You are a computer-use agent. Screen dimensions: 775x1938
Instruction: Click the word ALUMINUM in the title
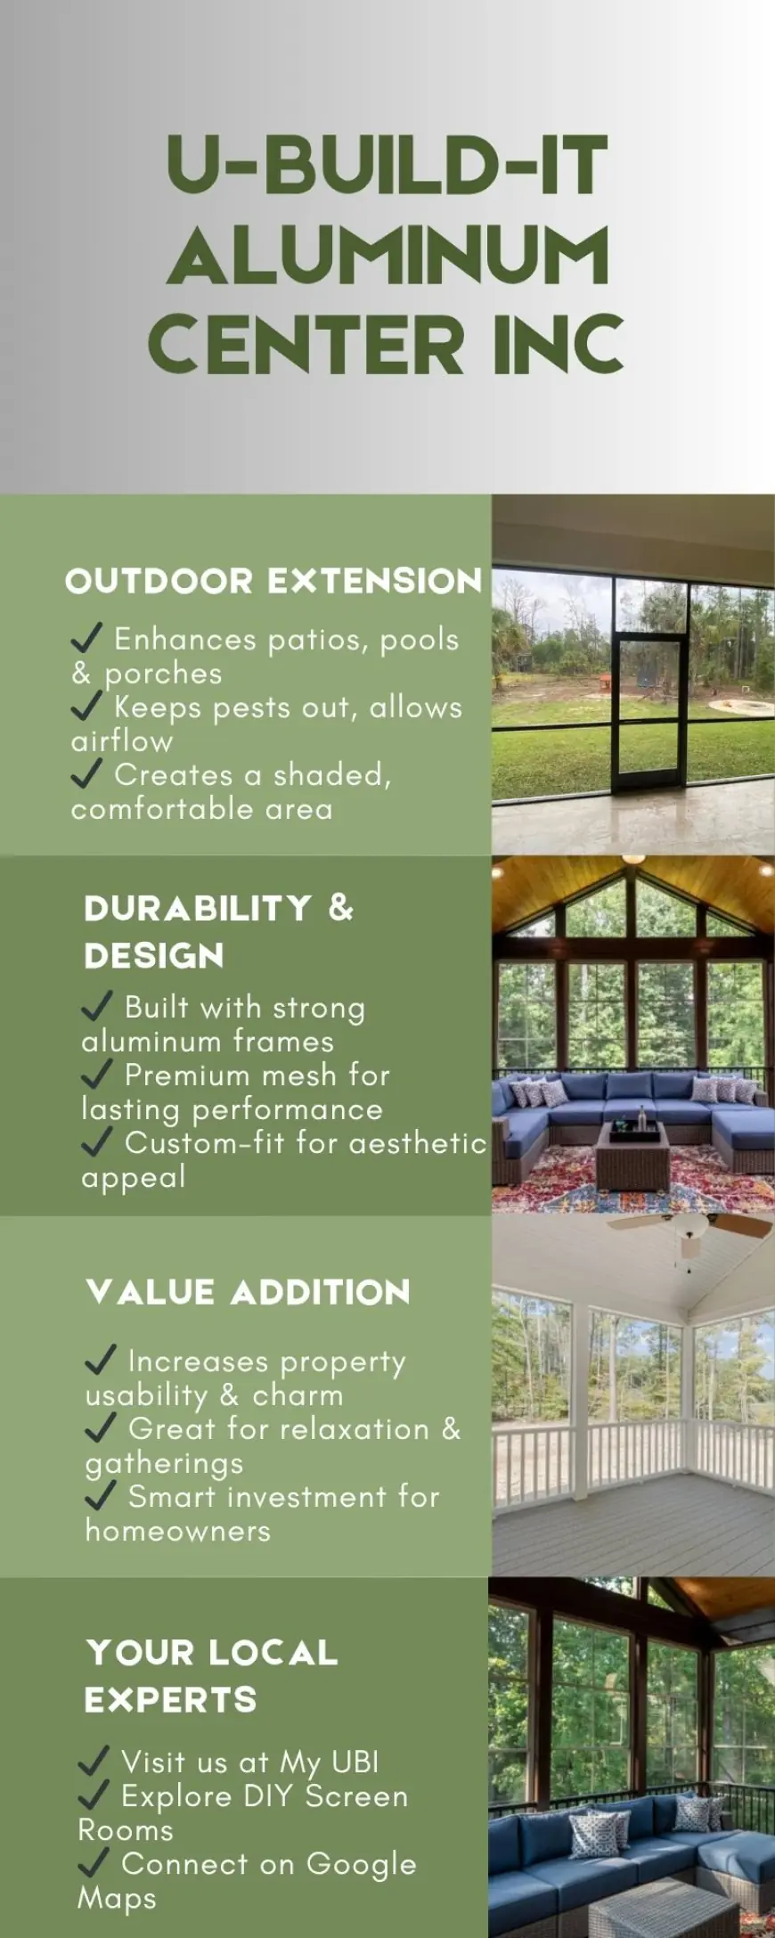[387, 256]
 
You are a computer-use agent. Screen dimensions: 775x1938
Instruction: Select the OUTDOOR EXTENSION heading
[273, 581]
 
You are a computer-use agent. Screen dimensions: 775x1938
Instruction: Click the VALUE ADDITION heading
[249, 1292]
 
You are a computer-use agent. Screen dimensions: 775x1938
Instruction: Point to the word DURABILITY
[198, 908]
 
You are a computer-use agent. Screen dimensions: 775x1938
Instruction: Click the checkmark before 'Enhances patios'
[86, 638]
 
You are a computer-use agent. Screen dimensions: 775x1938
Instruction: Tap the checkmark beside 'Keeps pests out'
[86, 706]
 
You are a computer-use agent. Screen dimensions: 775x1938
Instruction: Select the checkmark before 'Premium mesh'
[97, 1074]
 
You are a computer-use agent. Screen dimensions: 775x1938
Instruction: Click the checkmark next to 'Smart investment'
[101, 1495]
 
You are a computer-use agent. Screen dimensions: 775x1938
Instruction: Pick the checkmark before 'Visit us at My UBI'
[94, 1761]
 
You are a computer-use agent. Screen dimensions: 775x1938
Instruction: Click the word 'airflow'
[122, 741]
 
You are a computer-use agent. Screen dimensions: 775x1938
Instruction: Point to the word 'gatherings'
[164, 1463]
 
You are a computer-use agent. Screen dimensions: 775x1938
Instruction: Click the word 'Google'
[361, 1864]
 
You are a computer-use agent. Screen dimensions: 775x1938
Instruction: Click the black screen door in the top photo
[649, 713]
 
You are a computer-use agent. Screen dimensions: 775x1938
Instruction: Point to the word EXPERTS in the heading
[170, 1700]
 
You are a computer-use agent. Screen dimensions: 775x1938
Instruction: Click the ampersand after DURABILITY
[341, 908]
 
